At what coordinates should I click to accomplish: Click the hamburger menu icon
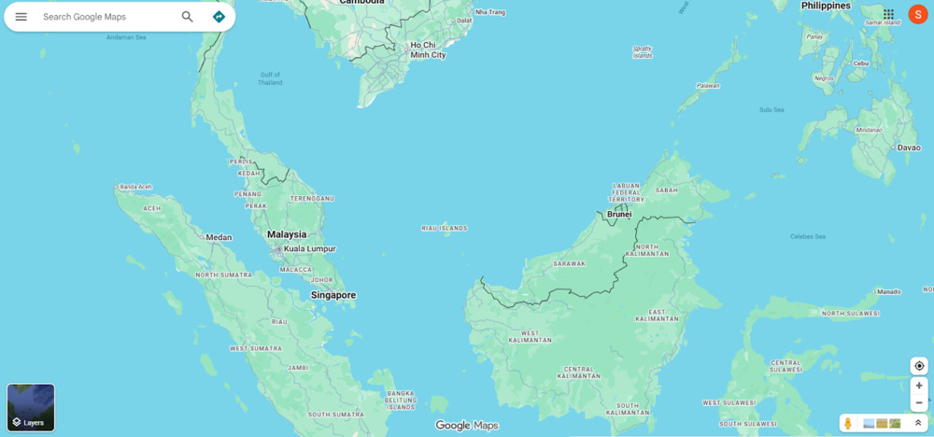tap(21, 17)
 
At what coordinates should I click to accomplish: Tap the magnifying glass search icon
tap(188, 17)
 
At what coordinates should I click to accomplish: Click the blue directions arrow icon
tap(219, 17)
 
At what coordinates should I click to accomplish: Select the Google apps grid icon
tap(888, 14)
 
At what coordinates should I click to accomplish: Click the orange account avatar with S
tap(917, 14)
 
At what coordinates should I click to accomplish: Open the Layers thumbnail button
tap(31, 407)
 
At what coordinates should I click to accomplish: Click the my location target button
tap(919, 366)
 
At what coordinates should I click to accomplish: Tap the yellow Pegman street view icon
tap(848, 423)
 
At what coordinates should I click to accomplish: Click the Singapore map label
tap(333, 295)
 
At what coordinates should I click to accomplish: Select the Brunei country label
tap(619, 214)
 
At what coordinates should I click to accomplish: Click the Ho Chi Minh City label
tap(428, 49)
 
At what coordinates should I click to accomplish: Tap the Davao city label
tap(909, 148)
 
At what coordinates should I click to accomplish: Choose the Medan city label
tap(219, 237)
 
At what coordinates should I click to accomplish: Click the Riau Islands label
tap(445, 228)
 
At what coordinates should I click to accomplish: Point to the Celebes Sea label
tap(808, 236)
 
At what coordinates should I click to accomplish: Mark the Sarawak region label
tap(569, 263)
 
